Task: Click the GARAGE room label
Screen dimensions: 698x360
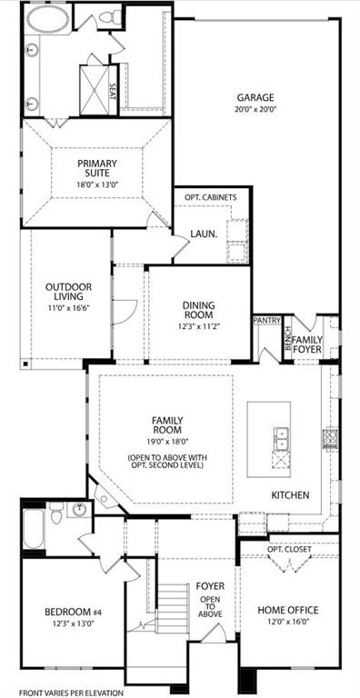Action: (x=256, y=97)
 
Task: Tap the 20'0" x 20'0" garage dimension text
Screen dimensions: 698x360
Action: (x=256, y=109)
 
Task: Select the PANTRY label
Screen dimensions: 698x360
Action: (x=266, y=320)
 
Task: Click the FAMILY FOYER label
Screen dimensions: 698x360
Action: (x=307, y=345)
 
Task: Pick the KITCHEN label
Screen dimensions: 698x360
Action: (x=290, y=495)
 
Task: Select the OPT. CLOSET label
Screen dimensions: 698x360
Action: (x=289, y=550)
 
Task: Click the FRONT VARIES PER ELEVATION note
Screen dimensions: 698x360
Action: (x=70, y=693)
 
